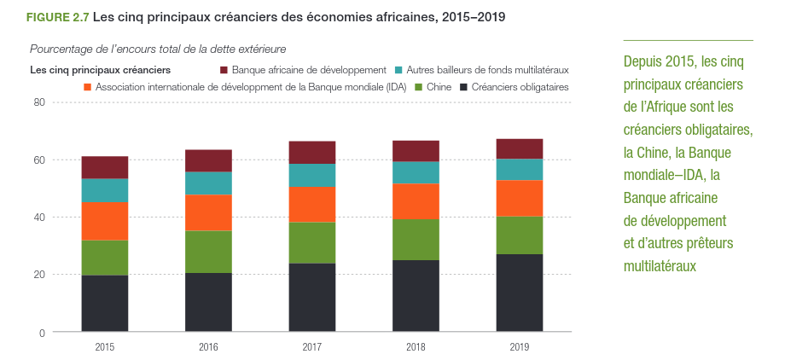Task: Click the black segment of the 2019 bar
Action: pyautogui.click(x=519, y=293)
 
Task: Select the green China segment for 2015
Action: pyautogui.click(x=105, y=258)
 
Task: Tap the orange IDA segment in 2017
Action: pyautogui.click(x=312, y=205)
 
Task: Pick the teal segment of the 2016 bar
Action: pyautogui.click(x=208, y=183)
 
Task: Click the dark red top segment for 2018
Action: pyautogui.click(x=416, y=151)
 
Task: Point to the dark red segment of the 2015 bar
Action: pyautogui.click(x=105, y=167)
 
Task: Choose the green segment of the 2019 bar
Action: pyautogui.click(x=519, y=235)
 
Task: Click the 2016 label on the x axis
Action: pyautogui.click(x=208, y=347)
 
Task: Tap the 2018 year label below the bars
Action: pyautogui.click(x=416, y=347)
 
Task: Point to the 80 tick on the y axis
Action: pyautogui.click(x=38, y=102)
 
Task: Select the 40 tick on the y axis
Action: pyautogui.click(x=38, y=218)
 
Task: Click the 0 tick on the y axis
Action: pyautogui.click(x=42, y=332)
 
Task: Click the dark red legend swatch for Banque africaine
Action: pyautogui.click(x=224, y=69)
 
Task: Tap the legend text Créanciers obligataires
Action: pyautogui.click(x=520, y=87)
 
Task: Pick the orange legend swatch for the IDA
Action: pyautogui.click(x=88, y=87)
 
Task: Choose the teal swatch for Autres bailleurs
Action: pyautogui.click(x=398, y=69)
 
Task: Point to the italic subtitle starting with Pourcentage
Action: pyautogui.click(x=158, y=49)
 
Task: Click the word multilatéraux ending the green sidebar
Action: pyautogui.click(x=660, y=266)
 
